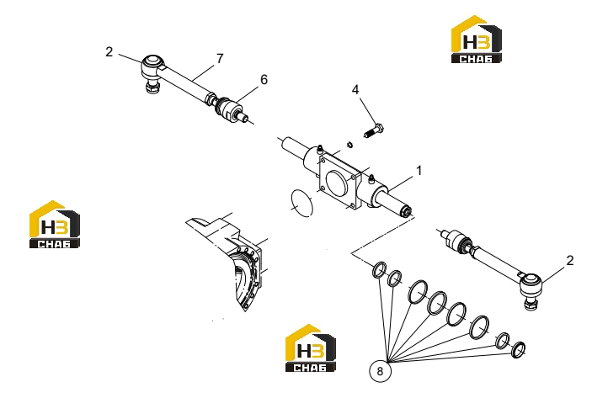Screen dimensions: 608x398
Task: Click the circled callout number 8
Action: [x=380, y=371]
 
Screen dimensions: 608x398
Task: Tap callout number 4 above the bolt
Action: [x=355, y=90]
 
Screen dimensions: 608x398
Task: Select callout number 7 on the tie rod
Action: [x=220, y=59]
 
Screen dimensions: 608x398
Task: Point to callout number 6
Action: [x=264, y=79]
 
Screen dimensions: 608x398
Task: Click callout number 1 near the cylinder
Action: [x=419, y=171]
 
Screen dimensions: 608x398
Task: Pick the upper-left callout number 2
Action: [x=109, y=52]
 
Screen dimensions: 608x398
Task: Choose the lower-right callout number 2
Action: [x=569, y=260]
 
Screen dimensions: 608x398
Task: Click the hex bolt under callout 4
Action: [x=374, y=130]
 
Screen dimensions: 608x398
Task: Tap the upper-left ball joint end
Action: [x=152, y=72]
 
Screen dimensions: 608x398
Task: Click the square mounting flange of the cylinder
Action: [x=339, y=180]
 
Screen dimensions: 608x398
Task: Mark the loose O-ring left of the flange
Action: [x=301, y=203]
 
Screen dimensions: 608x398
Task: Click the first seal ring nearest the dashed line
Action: [x=379, y=270]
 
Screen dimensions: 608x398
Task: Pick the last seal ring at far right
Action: [x=519, y=349]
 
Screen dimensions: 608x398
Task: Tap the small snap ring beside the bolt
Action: [x=350, y=145]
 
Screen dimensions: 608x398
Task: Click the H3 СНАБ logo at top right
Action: [x=477, y=39]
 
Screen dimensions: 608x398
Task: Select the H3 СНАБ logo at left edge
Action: [x=55, y=225]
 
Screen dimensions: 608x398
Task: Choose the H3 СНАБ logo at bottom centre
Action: [x=311, y=348]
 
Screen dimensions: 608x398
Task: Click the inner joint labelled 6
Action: [x=231, y=109]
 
